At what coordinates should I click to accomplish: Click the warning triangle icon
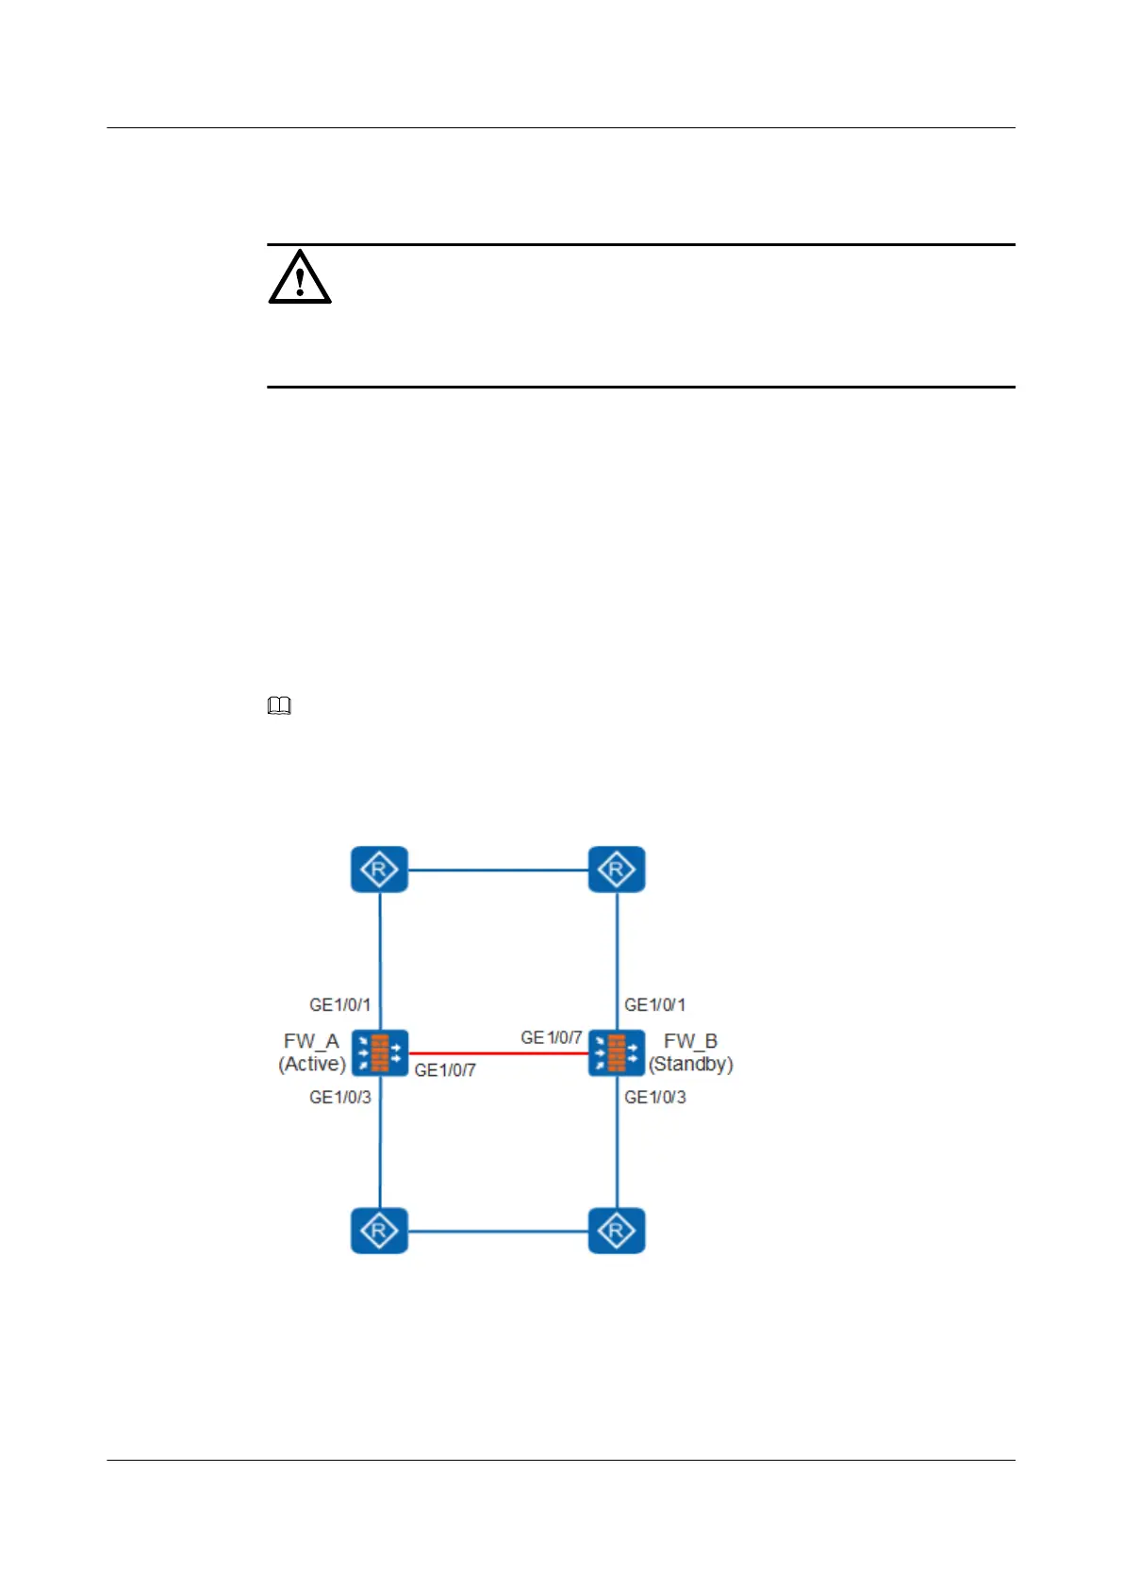coord(300,277)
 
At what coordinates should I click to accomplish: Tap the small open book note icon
coord(279,705)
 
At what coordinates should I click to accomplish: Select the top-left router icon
coord(379,869)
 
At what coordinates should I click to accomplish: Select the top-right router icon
coord(617,869)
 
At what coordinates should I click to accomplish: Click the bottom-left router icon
coord(379,1231)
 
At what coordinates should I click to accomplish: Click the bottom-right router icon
coord(617,1231)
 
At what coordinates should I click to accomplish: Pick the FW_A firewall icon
coord(380,1052)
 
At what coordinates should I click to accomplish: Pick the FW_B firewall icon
coord(617,1052)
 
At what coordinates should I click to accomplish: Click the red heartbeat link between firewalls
coord(498,1053)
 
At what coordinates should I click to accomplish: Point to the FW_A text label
coord(311,1041)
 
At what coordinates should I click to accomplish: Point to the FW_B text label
coord(690,1041)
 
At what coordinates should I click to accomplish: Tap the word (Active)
coord(312,1065)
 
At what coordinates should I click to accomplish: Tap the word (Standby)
coord(690,1065)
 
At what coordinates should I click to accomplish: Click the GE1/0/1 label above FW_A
coord(339,1005)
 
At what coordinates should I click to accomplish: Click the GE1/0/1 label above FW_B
coord(654,1005)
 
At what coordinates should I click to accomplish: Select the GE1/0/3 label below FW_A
coord(339,1098)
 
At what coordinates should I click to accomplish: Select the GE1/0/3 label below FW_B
coord(654,1098)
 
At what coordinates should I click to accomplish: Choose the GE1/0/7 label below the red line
coord(445,1070)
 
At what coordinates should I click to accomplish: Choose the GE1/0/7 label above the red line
coord(551,1037)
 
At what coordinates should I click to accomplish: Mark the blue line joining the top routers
coord(498,869)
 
